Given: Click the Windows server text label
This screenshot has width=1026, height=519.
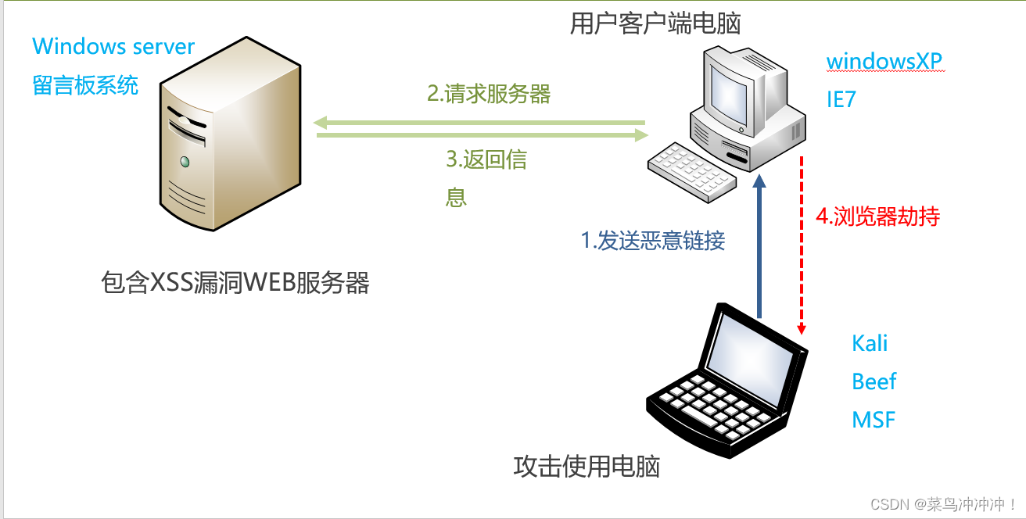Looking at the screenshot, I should point(113,46).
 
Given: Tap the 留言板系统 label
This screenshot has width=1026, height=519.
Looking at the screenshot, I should point(85,84).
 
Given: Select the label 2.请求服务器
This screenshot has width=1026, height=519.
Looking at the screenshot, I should point(489,95).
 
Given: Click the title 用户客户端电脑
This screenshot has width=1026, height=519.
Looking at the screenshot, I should point(655,24).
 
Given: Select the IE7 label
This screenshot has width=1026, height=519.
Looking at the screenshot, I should point(841,99).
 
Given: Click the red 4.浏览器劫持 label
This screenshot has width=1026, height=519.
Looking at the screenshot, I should point(877,217).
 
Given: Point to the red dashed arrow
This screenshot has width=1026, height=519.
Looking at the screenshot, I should point(802,242).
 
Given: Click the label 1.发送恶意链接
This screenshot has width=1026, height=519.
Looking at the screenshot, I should point(653,241).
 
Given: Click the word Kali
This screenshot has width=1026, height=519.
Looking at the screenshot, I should point(870,343).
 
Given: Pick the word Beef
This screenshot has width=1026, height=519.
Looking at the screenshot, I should point(874,381).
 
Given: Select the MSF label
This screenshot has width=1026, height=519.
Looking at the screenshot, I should point(873,420).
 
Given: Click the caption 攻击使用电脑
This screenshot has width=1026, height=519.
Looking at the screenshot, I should point(587,467).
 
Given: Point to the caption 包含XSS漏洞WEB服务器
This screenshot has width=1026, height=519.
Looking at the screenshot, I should point(235,282).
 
